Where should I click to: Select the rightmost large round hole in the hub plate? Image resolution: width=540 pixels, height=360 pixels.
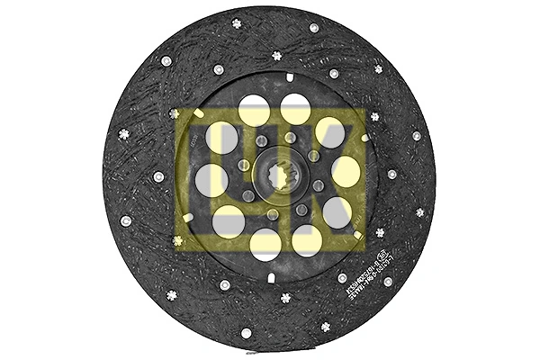pyautogui.click(x=346, y=171)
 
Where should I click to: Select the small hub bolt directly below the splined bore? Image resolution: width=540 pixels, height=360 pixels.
pyautogui.click(x=273, y=213)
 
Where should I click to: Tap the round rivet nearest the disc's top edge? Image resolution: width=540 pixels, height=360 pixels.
pyautogui.click(x=314, y=28)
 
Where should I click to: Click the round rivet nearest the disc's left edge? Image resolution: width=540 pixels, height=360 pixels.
pyautogui.click(x=126, y=220)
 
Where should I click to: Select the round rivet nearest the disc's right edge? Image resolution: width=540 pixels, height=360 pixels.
pyautogui.click(x=416, y=136)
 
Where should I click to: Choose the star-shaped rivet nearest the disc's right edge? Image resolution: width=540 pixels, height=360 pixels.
pyautogui.click(x=419, y=212)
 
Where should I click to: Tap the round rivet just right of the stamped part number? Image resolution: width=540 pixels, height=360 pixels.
pyautogui.click(x=388, y=281)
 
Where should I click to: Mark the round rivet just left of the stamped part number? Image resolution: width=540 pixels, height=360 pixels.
pyautogui.click(x=342, y=278)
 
